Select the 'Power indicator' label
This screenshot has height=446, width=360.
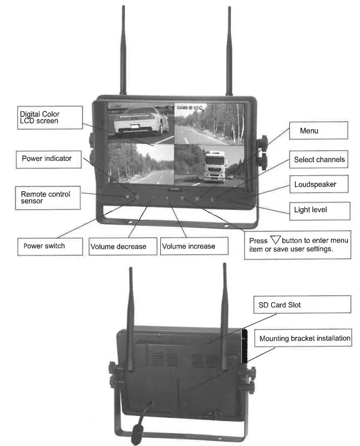(x=48, y=159)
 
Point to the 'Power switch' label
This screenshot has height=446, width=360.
(x=49, y=246)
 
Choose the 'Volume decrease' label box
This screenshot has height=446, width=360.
(x=123, y=246)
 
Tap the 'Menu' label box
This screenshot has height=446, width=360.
(x=318, y=131)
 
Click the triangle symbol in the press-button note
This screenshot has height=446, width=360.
(x=275, y=240)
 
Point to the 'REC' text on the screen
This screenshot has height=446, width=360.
(x=198, y=108)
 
